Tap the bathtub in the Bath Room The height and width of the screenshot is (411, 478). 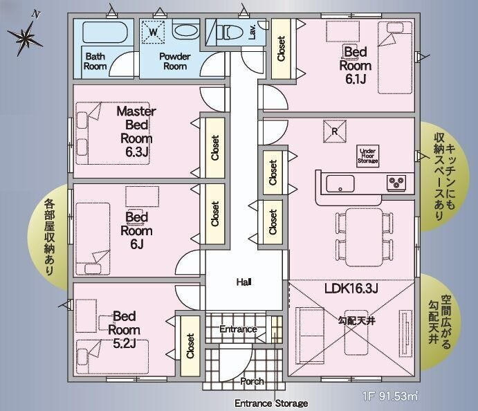(x=104, y=32)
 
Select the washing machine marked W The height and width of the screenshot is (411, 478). (x=154, y=32)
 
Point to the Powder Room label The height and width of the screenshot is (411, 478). (x=175, y=61)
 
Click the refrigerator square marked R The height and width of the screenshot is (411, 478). (x=335, y=131)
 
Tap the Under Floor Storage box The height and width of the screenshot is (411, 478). (x=368, y=156)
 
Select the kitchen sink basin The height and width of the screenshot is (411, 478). (x=340, y=183)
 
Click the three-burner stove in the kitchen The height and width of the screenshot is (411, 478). (x=396, y=183)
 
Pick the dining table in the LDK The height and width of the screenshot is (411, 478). (x=364, y=237)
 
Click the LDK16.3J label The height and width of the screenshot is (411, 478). (x=351, y=288)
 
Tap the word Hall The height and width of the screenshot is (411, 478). (x=244, y=282)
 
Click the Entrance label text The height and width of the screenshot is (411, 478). (x=238, y=329)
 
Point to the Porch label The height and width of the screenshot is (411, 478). (x=252, y=381)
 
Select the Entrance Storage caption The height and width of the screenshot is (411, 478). (x=271, y=403)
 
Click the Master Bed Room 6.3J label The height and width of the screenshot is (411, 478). (x=136, y=131)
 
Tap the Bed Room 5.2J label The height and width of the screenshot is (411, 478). (x=124, y=329)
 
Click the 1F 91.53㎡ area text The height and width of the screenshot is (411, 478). (x=390, y=396)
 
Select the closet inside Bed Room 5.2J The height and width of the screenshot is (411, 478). (x=190, y=346)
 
